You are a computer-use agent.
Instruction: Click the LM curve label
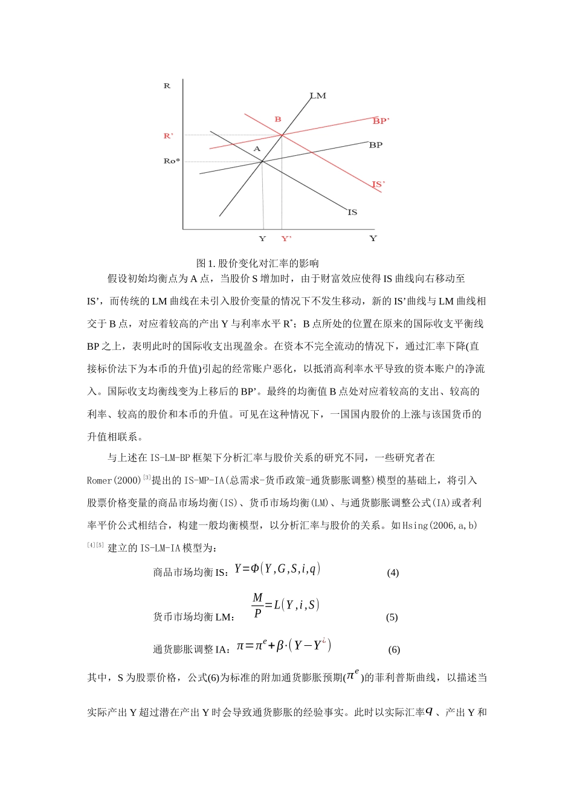318,95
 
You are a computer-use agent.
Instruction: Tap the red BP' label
381,121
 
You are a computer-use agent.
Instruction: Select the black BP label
375,145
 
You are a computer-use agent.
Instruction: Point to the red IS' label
378,184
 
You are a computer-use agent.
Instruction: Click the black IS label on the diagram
352,212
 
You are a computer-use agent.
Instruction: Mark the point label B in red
278,120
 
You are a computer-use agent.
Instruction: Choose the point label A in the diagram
257,149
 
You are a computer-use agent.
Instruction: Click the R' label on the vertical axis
169,136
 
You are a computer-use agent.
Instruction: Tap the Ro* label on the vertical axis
172,161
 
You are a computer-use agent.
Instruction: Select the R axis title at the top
167,86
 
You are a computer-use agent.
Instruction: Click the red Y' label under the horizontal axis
286,239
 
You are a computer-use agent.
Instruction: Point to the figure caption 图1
257,263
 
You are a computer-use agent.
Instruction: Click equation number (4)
393,573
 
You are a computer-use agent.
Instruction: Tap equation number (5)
392,617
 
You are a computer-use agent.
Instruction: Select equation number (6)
394,649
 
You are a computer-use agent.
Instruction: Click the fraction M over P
258,605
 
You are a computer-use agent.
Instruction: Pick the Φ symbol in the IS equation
254,569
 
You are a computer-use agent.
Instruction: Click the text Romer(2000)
114,480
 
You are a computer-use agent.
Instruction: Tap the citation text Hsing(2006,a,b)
439,525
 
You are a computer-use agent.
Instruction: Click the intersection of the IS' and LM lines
282,135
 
